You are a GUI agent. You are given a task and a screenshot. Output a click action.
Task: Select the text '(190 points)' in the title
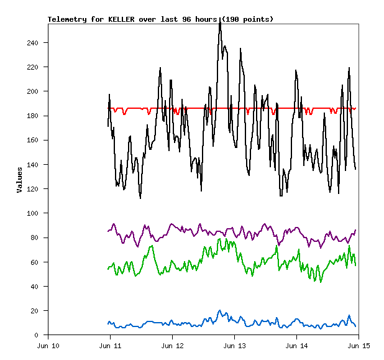tap(247, 19)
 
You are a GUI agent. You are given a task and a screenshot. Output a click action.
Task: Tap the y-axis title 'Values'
tap(19, 179)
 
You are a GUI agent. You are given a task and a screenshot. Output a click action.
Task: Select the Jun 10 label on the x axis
tap(48, 345)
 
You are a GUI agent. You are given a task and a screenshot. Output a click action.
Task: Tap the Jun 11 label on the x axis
tap(110, 345)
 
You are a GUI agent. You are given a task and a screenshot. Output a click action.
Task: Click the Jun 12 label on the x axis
tap(172, 345)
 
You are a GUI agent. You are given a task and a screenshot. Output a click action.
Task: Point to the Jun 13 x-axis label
tap(234, 345)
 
